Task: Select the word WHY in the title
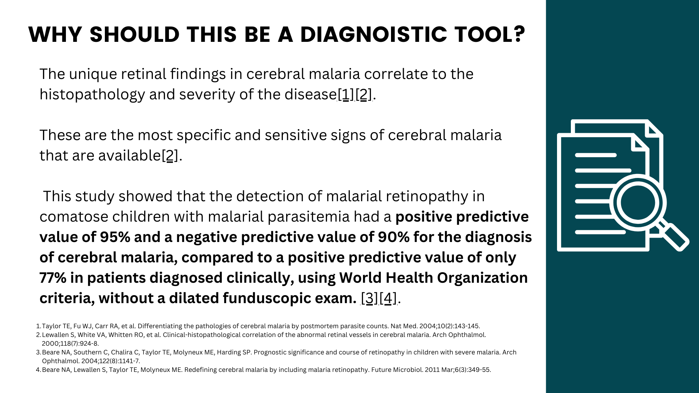pos(55,35)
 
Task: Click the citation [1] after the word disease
pos(346,95)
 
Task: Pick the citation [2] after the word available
pos(170,156)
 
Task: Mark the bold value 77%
pos(53,278)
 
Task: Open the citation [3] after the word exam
pos(369,298)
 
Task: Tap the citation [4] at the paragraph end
pos(387,298)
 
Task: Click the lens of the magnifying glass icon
pos(637,202)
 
